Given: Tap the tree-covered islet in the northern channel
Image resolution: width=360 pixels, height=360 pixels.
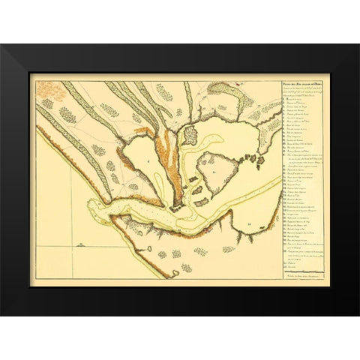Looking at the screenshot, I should pyautogui.click(x=190, y=135).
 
